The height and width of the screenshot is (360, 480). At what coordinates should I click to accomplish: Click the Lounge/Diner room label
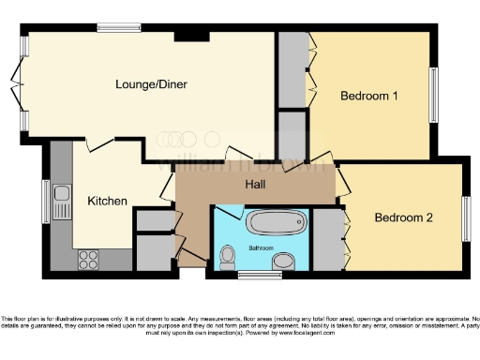pyautogui.click(x=151, y=84)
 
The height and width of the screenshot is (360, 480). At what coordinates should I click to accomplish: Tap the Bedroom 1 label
pyautogui.click(x=369, y=96)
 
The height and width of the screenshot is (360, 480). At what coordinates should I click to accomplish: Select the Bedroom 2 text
pyautogui.click(x=403, y=217)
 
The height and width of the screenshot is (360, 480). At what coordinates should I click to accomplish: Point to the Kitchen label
pyautogui.click(x=108, y=201)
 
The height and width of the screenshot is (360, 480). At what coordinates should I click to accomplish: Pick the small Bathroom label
pyautogui.click(x=261, y=247)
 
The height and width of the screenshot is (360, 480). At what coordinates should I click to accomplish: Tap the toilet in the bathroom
pyautogui.click(x=227, y=257)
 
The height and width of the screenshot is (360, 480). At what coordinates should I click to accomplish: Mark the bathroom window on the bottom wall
pyautogui.click(x=253, y=275)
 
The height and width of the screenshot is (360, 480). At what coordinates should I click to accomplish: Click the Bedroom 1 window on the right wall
pyautogui.click(x=433, y=95)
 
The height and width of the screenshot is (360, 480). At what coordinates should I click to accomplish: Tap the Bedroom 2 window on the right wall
pyautogui.click(x=465, y=219)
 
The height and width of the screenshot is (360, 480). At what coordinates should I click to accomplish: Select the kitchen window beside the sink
pyautogui.click(x=46, y=201)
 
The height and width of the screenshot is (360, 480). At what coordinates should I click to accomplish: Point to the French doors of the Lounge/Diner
pyautogui.click(x=18, y=86)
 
